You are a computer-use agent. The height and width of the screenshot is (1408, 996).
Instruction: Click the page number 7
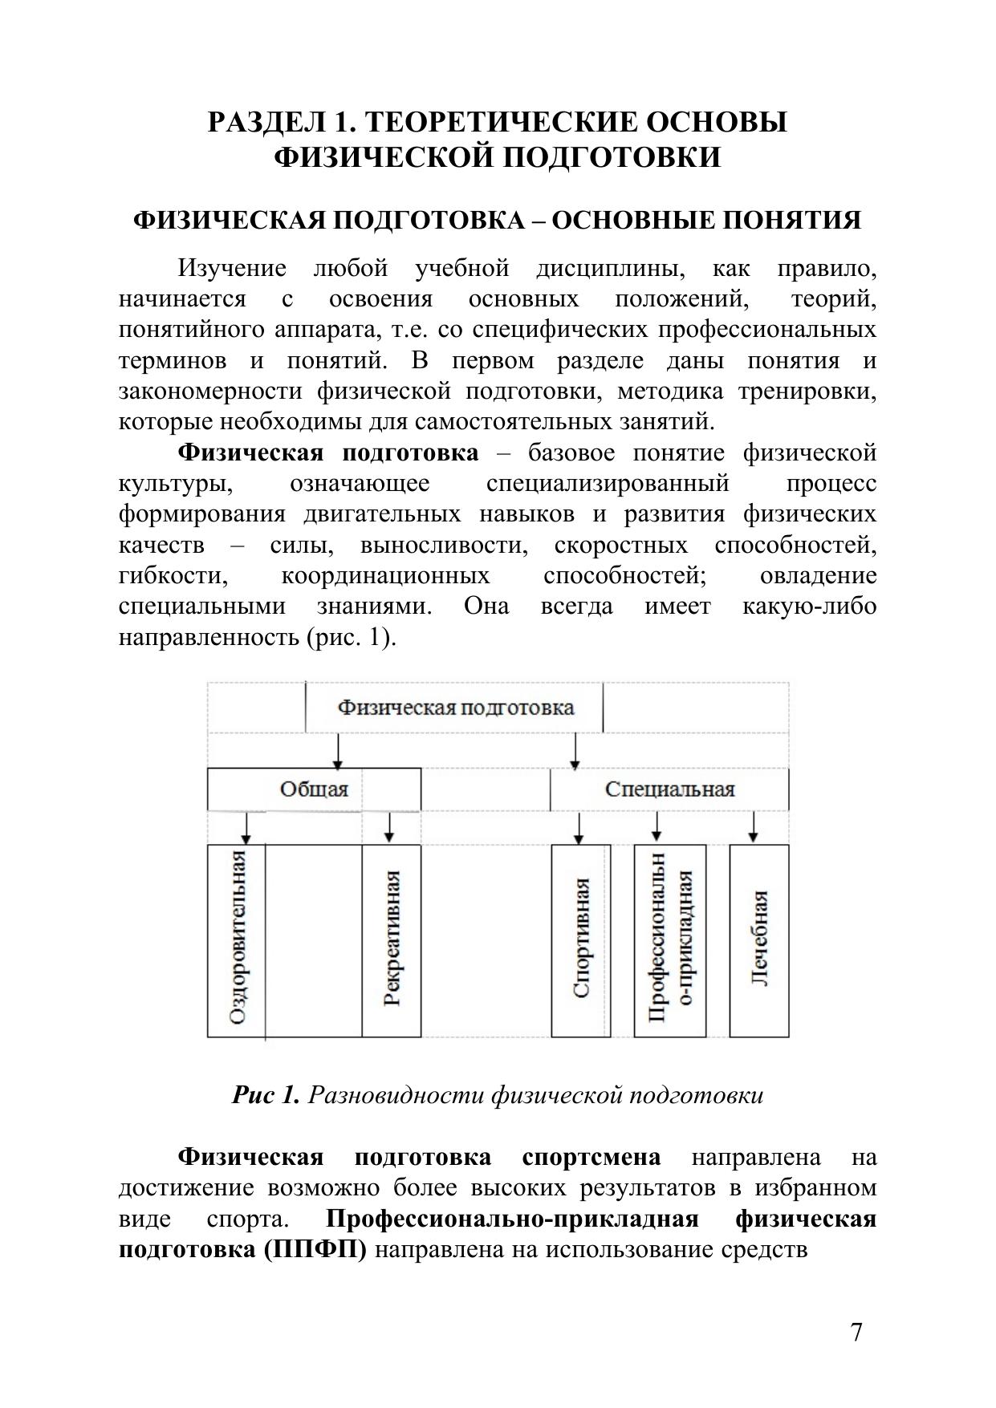point(856,1333)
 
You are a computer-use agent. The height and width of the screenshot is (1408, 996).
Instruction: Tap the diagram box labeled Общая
point(314,789)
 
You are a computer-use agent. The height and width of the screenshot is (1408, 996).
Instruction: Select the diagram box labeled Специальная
point(669,789)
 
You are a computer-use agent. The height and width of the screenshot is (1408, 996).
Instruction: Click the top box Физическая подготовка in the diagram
point(455,708)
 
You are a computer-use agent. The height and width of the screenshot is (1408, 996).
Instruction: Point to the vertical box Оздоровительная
point(236,939)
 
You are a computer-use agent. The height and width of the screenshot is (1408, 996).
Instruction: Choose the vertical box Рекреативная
point(392,939)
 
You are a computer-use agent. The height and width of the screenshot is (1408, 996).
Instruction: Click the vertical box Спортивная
point(581,939)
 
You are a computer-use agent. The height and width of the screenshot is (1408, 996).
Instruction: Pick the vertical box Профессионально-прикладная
point(670,939)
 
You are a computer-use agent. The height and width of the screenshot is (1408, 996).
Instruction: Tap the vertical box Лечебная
point(759,939)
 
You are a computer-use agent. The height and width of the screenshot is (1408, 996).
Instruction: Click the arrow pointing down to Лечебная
point(754,827)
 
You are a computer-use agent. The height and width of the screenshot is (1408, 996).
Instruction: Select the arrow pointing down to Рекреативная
point(390,827)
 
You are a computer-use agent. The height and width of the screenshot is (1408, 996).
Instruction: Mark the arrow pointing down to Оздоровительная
point(248,827)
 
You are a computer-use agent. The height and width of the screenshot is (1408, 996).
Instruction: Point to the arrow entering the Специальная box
point(575,751)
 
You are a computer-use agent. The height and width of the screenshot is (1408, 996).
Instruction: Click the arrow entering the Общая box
point(339,751)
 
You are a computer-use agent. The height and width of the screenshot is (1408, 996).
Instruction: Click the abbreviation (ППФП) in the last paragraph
point(314,1250)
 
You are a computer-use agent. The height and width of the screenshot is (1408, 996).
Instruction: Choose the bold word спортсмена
point(592,1157)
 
